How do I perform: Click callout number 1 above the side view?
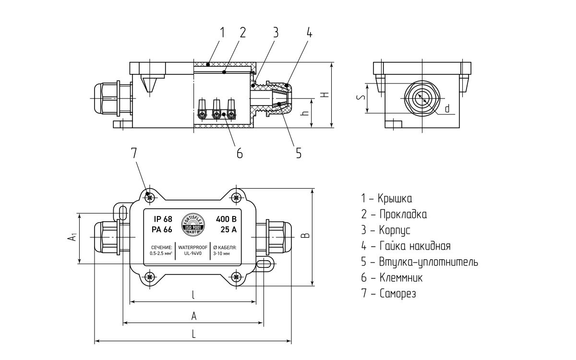pyautogui.click(x=222, y=33)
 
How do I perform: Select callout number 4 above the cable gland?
pyautogui.click(x=310, y=33)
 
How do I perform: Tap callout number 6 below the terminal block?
pyautogui.click(x=239, y=153)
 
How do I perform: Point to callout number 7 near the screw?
pyautogui.click(x=134, y=153)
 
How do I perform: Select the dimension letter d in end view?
pyautogui.click(x=447, y=108)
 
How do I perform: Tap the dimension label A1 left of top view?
pyautogui.click(x=71, y=237)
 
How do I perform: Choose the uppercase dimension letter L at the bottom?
pyautogui.click(x=193, y=335)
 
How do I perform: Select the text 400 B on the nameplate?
pyautogui.click(x=226, y=219)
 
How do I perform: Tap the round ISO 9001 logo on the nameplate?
pyautogui.click(x=193, y=225)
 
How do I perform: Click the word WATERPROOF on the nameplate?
pyautogui.click(x=192, y=247)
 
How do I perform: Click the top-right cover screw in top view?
pyautogui.click(x=236, y=197)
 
